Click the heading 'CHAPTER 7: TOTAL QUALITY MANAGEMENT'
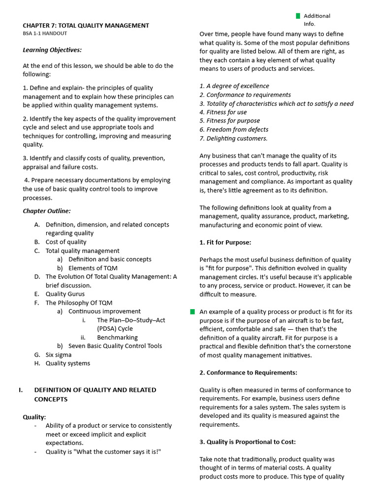pos(86,26)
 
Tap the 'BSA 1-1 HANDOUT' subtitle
pos(45,33)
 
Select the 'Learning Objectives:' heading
pos(52,50)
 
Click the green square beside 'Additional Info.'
pos(297,16)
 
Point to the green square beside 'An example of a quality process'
pos(192,312)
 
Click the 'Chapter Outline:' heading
pos(47,211)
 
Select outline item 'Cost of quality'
pos(66,242)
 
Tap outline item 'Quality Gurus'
pos(65,294)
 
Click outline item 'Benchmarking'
pos(117,337)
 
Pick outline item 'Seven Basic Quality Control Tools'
pos(115,346)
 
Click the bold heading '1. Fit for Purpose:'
pos(225,243)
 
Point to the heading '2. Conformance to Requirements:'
pos(248,373)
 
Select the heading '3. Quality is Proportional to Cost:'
pos(248,442)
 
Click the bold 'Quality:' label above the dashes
pos(34,417)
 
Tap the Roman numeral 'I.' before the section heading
pos(21,390)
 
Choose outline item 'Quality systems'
pos(68,363)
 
